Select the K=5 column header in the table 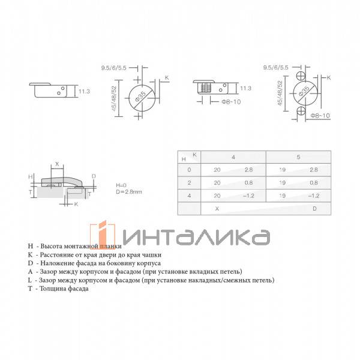point(298,157)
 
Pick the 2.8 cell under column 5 point(314,170)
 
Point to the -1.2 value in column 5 point(313,196)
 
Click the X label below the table point(217,208)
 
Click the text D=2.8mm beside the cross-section point(130,192)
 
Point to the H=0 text point(122,185)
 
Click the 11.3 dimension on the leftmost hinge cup point(85,91)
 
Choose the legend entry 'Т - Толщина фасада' point(61,289)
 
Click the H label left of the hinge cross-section point(30,177)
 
